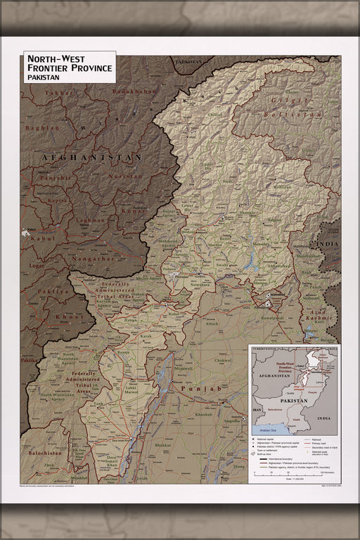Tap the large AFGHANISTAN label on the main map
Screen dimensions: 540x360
pos(91,157)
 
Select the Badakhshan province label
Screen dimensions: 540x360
pos(135,92)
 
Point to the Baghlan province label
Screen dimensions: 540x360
pos(43,128)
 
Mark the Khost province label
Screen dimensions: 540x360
pos(71,317)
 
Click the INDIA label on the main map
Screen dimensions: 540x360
pos(328,244)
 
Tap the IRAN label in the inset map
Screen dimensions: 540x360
pos(257,409)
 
